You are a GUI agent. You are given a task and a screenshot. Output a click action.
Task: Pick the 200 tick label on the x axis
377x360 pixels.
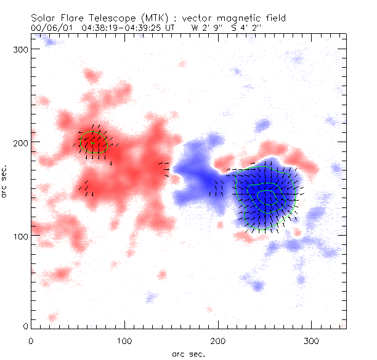217,340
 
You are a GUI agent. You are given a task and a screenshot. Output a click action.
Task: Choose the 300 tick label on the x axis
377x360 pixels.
311,340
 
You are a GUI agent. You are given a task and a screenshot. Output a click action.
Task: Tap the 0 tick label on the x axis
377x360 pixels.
31,340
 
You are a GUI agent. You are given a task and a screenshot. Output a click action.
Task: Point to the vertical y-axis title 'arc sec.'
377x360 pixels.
7,180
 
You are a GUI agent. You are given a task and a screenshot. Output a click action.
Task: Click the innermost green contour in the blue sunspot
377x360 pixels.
267,196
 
